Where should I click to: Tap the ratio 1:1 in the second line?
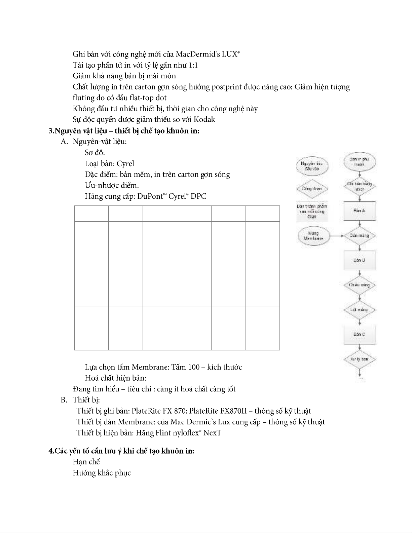(193, 65)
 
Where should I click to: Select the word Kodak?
(204, 119)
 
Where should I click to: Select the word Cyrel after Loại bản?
(125, 164)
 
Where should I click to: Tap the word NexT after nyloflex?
(212, 433)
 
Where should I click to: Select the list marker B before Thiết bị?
(63, 400)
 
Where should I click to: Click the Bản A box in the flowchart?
(360, 211)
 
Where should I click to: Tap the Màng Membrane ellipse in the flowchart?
(313, 236)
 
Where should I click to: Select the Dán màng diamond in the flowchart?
(360, 236)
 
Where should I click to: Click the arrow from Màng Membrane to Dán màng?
(336, 236)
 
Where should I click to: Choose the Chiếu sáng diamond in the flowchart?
(360, 285)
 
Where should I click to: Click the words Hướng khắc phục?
(102, 473)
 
